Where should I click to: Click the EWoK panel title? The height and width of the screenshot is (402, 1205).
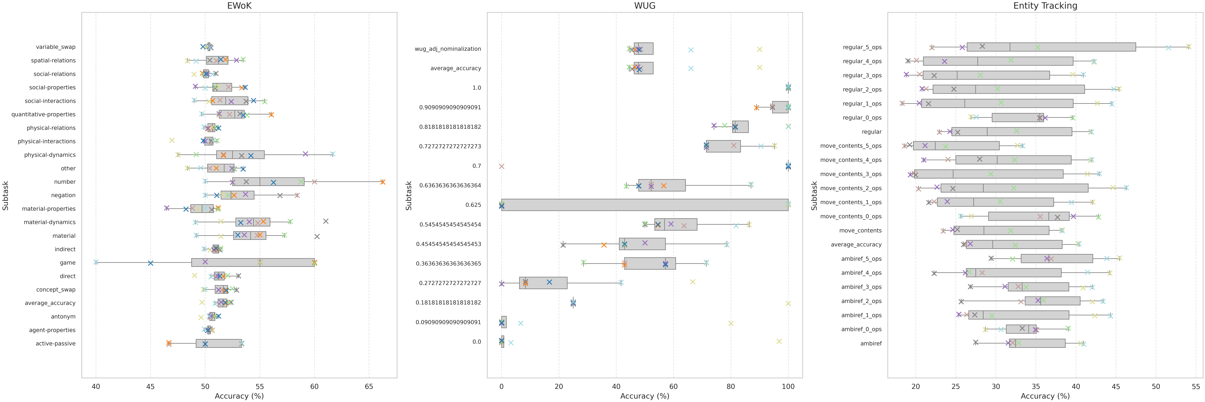pos(239,6)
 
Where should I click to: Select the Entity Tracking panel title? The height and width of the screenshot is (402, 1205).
pos(1045,6)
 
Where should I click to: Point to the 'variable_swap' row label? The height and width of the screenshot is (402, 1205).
pos(56,47)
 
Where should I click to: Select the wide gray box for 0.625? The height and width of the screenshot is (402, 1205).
pos(645,205)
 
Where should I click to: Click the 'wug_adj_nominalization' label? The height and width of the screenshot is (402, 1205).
pos(448,49)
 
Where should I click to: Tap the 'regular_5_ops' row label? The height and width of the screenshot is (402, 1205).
pos(862,47)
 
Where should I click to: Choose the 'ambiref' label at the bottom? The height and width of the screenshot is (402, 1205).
pos(871,343)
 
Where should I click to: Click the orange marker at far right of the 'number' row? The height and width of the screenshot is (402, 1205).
pos(383,182)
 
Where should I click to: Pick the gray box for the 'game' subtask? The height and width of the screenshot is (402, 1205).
pos(253,262)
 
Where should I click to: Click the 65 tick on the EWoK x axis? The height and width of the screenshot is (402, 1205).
pos(369,387)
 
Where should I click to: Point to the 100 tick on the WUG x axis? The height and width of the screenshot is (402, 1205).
pos(788,387)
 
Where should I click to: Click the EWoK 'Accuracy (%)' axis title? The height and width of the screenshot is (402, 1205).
pos(239,396)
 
